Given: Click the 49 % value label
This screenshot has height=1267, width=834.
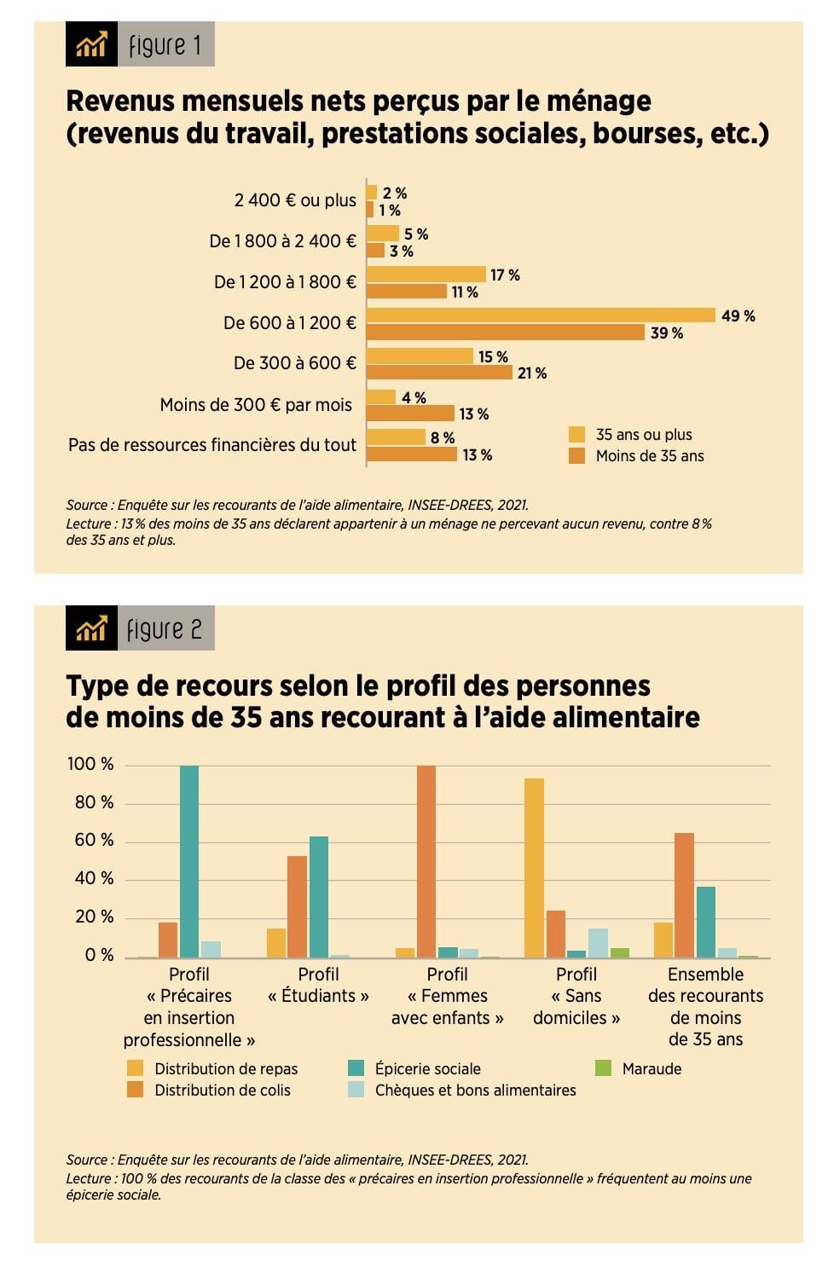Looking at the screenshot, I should point(738,316).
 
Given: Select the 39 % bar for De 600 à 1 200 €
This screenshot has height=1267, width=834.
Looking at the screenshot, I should point(505,333).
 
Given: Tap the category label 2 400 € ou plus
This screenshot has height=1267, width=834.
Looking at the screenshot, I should point(295,200).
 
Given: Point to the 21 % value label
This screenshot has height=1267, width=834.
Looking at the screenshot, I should point(532,373).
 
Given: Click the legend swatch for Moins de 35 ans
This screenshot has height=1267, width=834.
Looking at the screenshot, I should point(577,456).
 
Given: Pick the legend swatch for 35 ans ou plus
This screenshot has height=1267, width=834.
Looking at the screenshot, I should point(577,435).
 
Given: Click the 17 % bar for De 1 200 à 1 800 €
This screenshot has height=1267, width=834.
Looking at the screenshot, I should point(426,275).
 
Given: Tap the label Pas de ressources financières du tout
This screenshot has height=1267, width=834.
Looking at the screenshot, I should point(212,445).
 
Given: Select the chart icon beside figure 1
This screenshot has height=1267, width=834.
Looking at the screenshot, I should point(91,44).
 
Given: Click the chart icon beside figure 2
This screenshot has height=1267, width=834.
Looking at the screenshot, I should point(91,629).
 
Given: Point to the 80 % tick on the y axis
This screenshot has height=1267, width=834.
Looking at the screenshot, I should point(94,802).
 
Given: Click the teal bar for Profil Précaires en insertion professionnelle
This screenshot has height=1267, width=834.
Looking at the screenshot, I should point(189,861).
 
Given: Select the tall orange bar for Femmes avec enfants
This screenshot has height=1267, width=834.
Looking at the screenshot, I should point(426,861).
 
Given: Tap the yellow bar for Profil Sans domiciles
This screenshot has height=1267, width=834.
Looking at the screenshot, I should point(534,868).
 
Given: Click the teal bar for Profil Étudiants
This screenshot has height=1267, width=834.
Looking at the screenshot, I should point(318,897).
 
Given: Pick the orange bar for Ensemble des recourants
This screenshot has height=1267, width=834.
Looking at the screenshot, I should point(684,895).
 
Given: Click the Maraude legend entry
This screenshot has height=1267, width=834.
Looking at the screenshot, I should point(652,1068).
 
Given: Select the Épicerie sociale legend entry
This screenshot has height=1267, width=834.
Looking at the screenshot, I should point(427,1068).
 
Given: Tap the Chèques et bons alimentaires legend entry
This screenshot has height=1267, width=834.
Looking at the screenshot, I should point(475,1090).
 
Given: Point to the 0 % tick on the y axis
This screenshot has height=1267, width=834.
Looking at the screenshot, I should point(99,956).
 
